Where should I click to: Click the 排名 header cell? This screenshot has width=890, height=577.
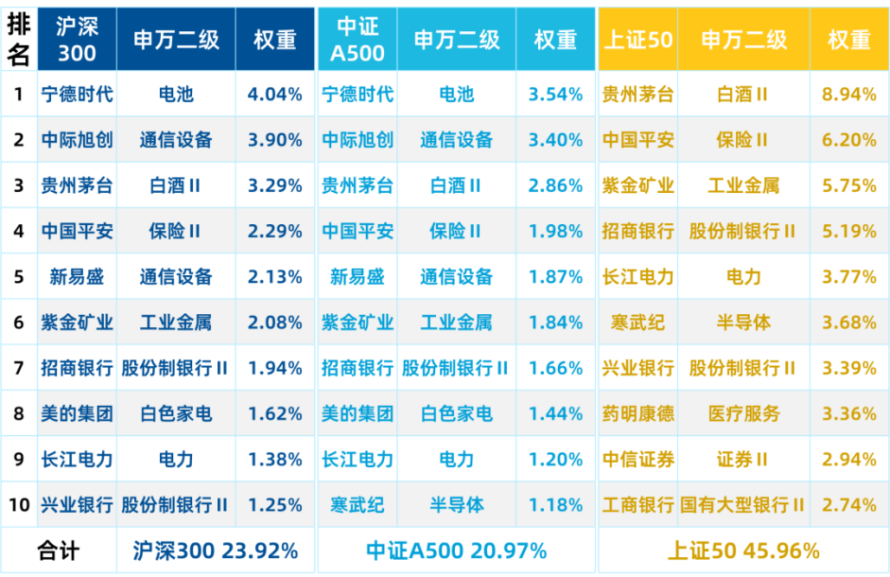click(19, 39)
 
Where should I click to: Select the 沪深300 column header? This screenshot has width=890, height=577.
click(78, 39)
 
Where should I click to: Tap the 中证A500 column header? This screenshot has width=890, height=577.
click(358, 39)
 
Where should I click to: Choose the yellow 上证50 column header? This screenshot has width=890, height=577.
click(638, 39)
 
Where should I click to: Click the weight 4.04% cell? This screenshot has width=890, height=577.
click(274, 94)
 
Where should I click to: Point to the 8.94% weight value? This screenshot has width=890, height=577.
click(849, 94)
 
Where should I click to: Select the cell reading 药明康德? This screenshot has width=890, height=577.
click(638, 413)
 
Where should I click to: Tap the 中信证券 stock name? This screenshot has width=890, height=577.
click(638, 459)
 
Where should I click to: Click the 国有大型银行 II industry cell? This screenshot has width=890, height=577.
click(742, 504)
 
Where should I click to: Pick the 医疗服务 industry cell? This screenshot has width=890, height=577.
click(743, 413)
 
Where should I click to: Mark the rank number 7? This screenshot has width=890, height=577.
click(19, 368)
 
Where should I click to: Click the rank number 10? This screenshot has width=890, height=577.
click(19, 504)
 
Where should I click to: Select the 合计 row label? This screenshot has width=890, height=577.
click(58, 551)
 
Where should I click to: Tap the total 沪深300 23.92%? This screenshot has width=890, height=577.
click(216, 551)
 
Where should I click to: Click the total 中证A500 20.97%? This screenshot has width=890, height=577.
click(457, 551)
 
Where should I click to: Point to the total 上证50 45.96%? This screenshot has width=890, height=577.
click(743, 551)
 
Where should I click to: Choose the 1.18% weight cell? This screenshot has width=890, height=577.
click(556, 504)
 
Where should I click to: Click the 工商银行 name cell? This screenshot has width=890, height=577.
click(638, 504)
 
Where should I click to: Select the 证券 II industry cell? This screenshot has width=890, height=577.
click(742, 459)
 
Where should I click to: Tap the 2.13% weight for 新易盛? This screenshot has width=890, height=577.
click(274, 276)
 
